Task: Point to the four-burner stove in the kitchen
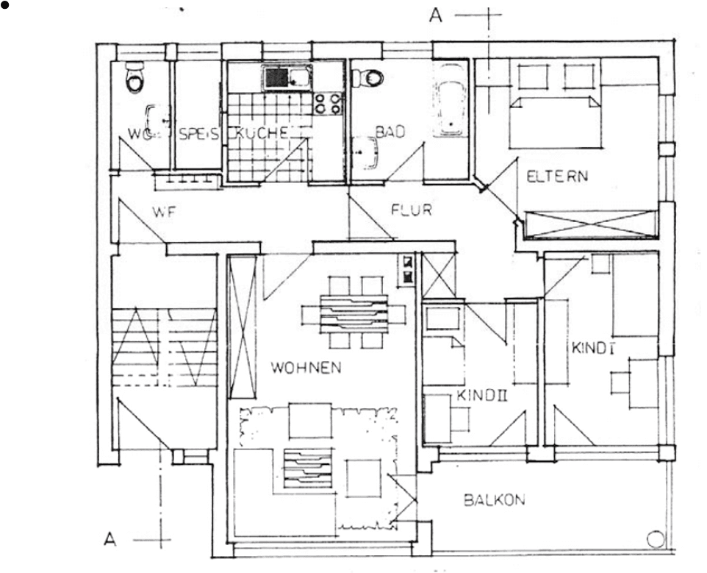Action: (329, 103)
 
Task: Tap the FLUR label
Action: (411, 210)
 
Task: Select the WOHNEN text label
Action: (306, 368)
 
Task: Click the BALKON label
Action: (494, 500)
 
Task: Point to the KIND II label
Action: (483, 396)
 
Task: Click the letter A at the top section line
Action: (436, 16)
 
